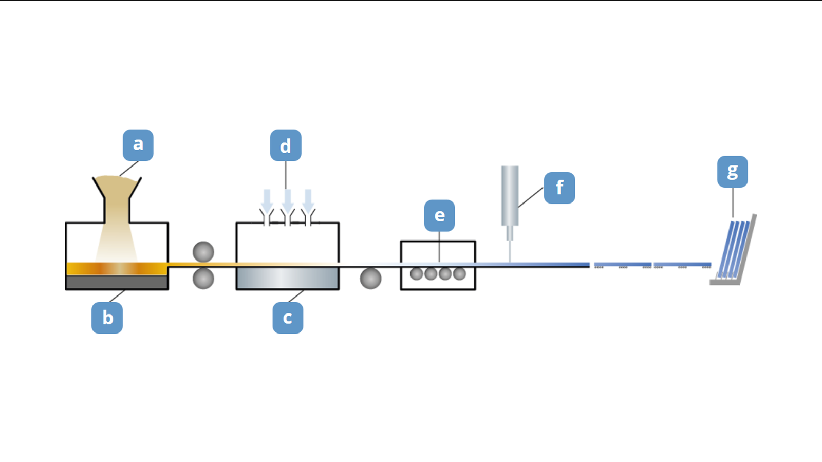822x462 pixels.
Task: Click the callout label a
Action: [138, 145]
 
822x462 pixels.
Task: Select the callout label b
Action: [107, 318]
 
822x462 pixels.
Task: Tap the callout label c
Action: [288, 318]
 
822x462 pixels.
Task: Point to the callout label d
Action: [286, 145]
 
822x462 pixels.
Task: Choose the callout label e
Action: [439, 215]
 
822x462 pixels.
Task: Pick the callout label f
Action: [559, 188]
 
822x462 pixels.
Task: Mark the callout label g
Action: [732, 172]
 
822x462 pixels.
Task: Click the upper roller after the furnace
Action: [203, 252]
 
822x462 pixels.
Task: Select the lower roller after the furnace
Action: [203, 279]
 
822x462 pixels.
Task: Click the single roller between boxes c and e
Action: [370, 279]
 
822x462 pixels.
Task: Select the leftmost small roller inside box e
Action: [417, 274]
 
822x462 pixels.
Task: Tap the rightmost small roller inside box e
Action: [460, 274]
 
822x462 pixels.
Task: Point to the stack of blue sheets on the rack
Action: [734, 249]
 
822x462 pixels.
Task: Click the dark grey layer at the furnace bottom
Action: [117, 282]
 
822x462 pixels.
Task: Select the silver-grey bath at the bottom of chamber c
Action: [287, 278]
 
